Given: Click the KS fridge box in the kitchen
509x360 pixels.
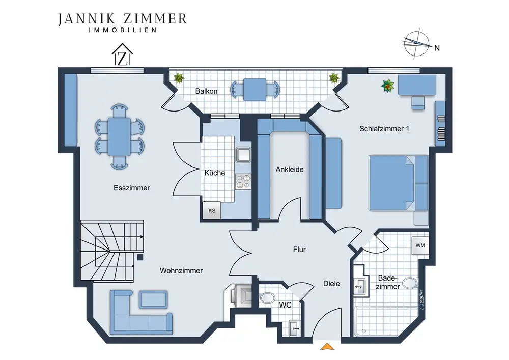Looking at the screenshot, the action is point(212,210).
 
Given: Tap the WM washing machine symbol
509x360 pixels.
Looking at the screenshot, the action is point(420,245).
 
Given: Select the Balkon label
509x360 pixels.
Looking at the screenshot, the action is point(206,91).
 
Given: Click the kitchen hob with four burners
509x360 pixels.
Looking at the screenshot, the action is point(243,181).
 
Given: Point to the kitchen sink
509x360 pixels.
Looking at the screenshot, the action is point(243,154).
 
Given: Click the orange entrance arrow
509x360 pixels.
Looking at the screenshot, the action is point(327,346).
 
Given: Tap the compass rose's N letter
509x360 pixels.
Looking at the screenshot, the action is point(437,48).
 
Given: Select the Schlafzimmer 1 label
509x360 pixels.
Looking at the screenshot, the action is point(384,129).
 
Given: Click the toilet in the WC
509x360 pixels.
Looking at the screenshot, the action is point(267,298).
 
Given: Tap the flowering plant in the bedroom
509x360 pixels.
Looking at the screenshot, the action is point(387,86).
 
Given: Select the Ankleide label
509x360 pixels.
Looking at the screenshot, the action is point(290,169).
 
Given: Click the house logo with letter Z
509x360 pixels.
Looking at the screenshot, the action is point(122,54).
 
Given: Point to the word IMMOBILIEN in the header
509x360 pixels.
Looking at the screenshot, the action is point(123,30).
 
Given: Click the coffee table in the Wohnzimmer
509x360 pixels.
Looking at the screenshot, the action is point(154,299).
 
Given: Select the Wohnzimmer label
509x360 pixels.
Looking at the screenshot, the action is point(181,271).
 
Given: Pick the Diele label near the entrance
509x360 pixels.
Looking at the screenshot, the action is point(331,284).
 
